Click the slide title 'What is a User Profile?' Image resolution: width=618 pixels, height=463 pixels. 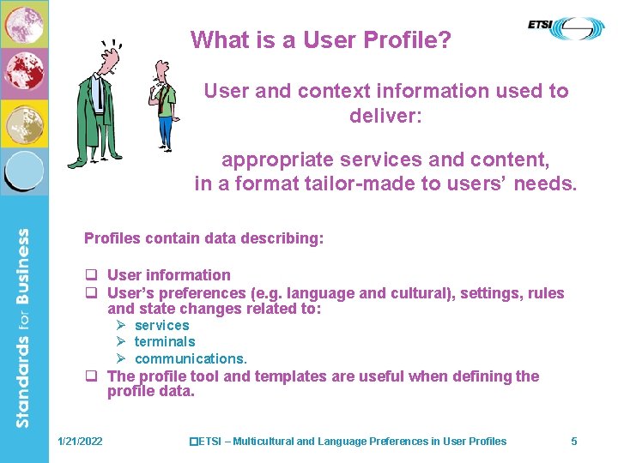tap(321, 39)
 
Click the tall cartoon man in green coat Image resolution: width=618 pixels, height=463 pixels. tap(100, 103)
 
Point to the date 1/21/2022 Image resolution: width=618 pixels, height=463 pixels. tap(80, 442)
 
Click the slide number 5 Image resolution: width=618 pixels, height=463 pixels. tap(574, 442)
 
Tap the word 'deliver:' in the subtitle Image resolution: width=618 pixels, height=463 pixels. tap(385, 114)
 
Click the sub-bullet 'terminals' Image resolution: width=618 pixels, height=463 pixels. tap(165, 342)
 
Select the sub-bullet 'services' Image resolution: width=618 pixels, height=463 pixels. tap(161, 326)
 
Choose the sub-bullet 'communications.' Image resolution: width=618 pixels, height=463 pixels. tap(191, 358)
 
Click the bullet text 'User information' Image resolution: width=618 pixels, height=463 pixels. tap(169, 275)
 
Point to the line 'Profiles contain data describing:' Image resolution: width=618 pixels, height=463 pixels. tap(204, 238)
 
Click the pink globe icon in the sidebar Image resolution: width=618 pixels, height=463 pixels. tap(23, 24)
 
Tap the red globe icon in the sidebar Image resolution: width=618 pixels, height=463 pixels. tap(23, 73)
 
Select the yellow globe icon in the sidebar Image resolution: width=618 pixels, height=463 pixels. tap(23, 122)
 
